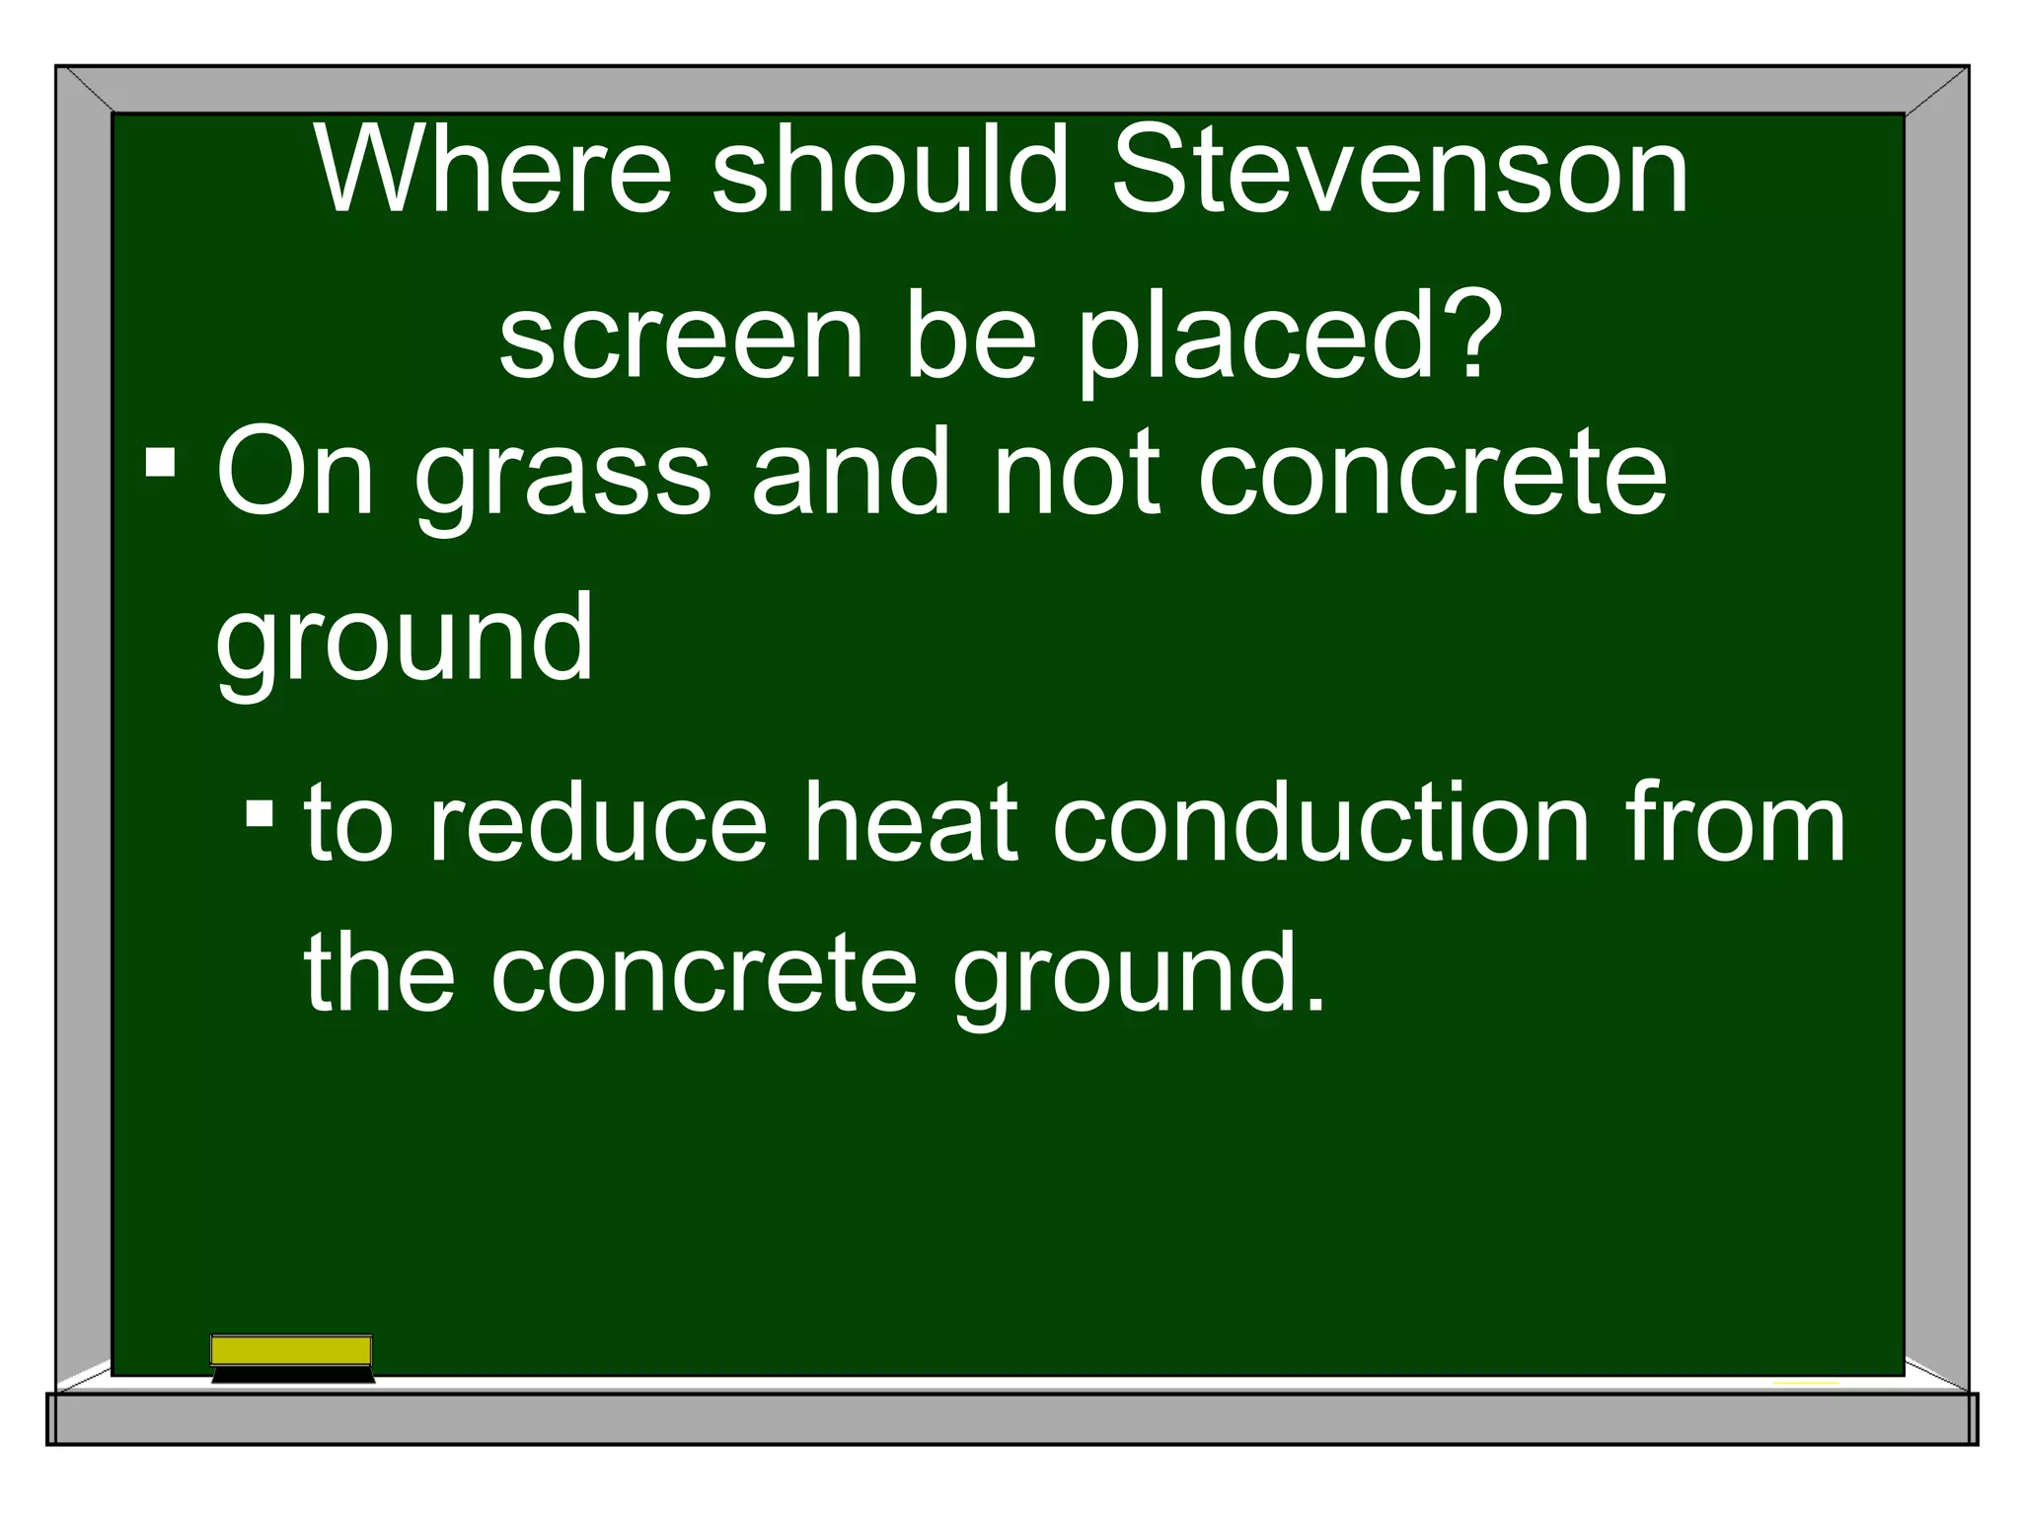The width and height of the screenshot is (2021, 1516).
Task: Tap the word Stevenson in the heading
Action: [x=1400, y=170]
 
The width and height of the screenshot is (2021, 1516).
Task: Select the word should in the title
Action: [x=889, y=170]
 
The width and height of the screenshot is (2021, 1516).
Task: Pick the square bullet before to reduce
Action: [x=260, y=814]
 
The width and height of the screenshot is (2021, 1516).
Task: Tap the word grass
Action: [x=562, y=479]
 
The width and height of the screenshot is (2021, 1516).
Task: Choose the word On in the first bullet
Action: [x=295, y=472]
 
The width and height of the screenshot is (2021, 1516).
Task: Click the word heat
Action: [x=909, y=822]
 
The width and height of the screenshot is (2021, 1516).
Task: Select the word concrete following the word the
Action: [x=704, y=974]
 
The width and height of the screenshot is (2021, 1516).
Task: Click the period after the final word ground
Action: [x=1314, y=1005]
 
